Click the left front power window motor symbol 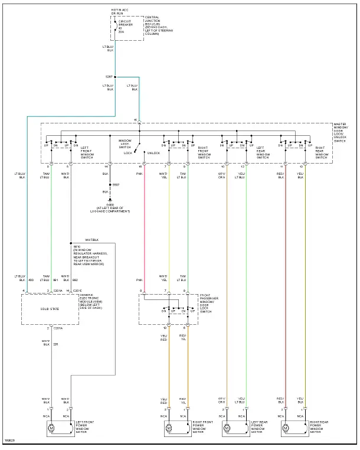click(x=51, y=426)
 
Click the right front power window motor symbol click(x=169, y=426)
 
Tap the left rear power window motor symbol click(x=227, y=426)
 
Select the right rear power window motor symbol click(x=286, y=426)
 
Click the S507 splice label click(x=116, y=185)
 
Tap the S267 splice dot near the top click(x=116, y=77)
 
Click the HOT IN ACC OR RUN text click(x=120, y=12)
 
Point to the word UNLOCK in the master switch click(x=153, y=153)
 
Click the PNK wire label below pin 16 click(x=140, y=174)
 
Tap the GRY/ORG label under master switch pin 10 click(x=222, y=175)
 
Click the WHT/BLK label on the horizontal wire click(x=91, y=240)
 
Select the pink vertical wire click(x=142, y=230)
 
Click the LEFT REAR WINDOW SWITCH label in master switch click(x=263, y=152)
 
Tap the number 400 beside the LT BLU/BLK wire click(x=31, y=280)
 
